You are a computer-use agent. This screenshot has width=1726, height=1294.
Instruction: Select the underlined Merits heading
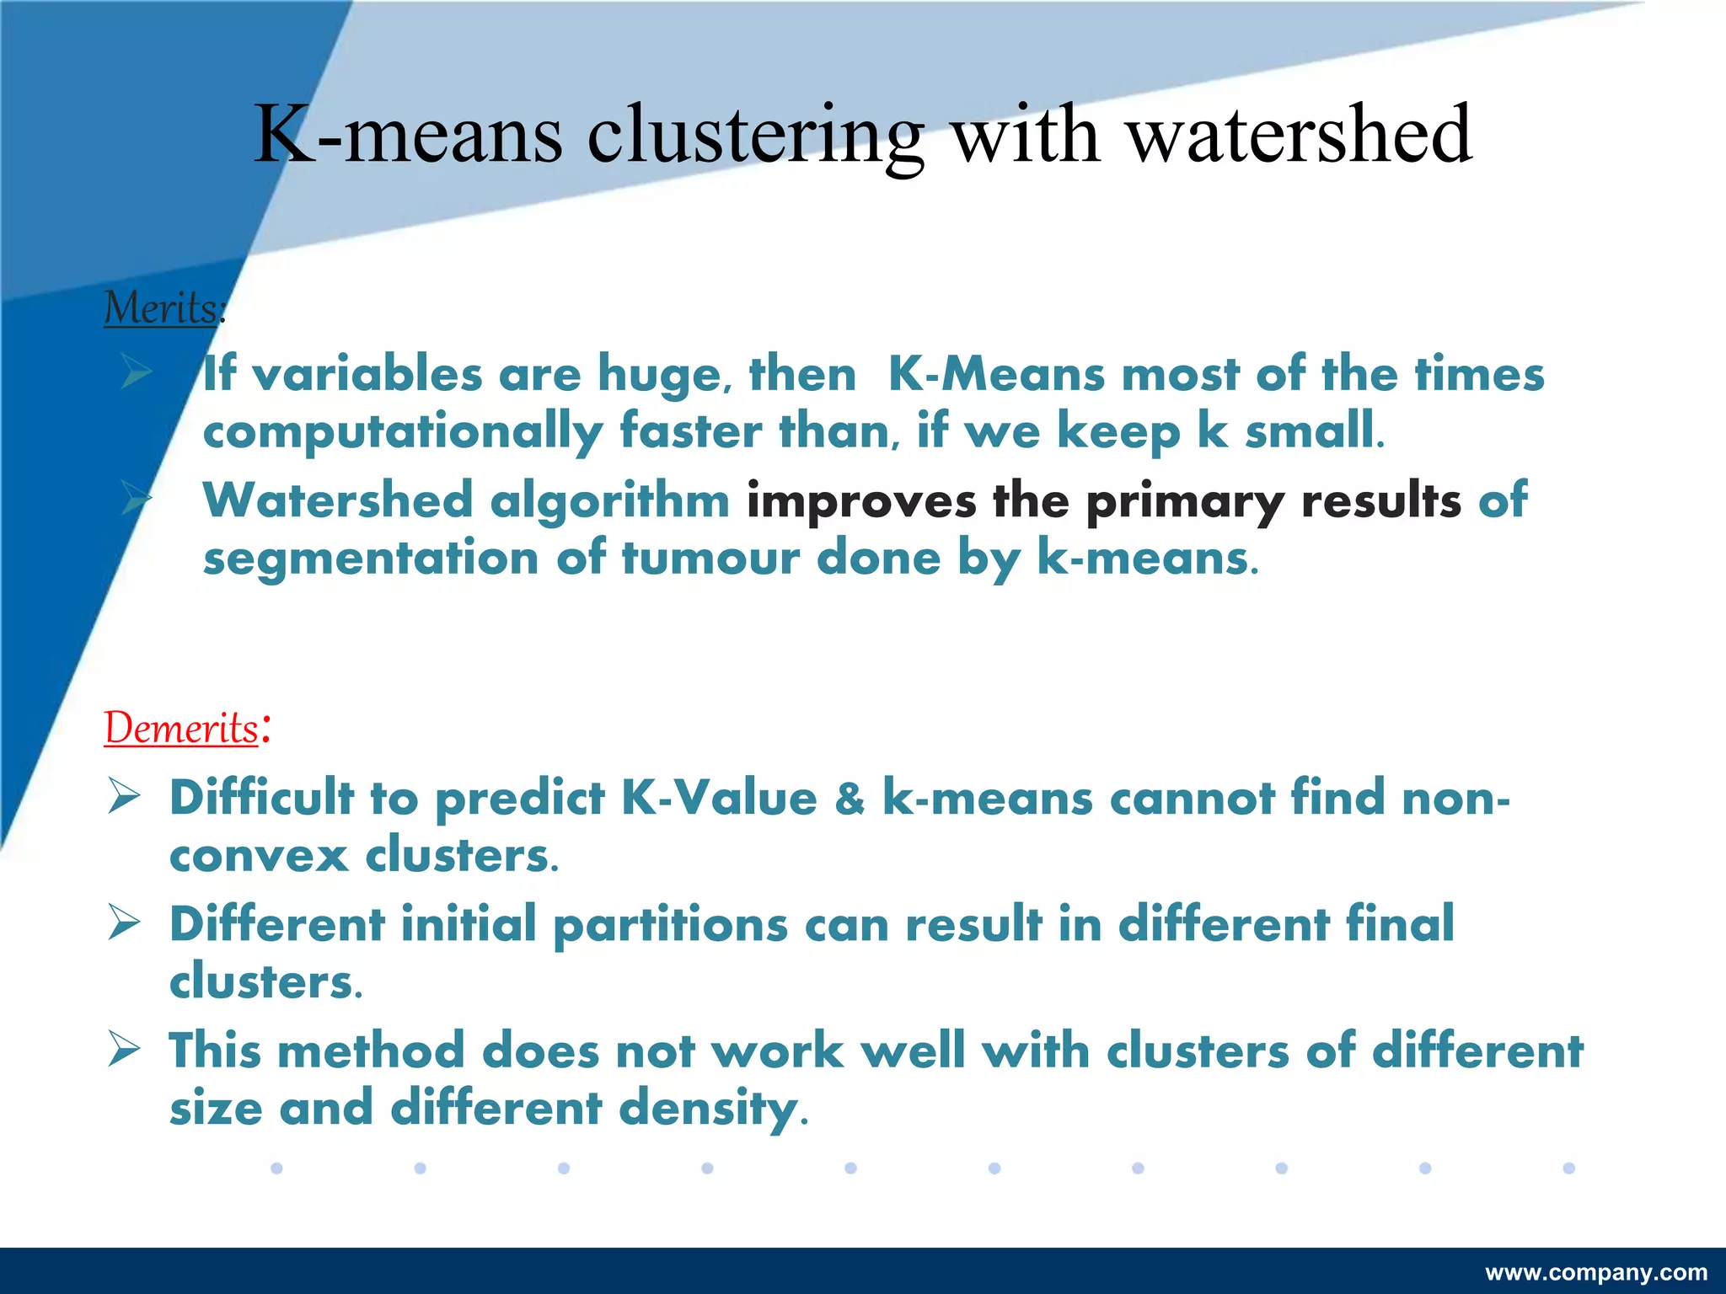pos(162,307)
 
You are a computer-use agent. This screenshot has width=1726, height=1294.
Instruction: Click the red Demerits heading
pos(181,728)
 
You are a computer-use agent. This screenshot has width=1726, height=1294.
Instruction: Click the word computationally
pos(403,432)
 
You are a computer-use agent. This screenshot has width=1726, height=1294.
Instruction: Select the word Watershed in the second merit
pos(338,500)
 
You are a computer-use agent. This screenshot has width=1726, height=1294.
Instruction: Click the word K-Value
pos(719,798)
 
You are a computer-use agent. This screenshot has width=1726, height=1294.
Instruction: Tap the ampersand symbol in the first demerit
pos(850,798)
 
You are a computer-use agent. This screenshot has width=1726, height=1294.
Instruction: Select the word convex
pos(259,856)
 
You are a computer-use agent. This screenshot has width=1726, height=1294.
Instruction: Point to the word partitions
pos(671,925)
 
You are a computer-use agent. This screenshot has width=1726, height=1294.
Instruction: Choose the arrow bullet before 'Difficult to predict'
pos(124,797)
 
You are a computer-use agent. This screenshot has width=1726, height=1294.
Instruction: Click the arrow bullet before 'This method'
pos(124,1050)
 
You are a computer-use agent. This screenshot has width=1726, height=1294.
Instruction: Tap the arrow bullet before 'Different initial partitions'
pos(124,923)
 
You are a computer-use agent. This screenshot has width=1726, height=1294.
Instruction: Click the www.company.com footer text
pos(1596,1273)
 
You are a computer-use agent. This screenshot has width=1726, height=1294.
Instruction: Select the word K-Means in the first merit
pos(996,374)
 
